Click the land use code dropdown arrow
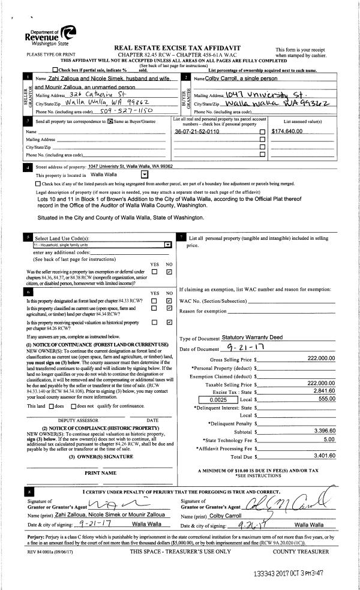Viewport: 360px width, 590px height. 167,245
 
